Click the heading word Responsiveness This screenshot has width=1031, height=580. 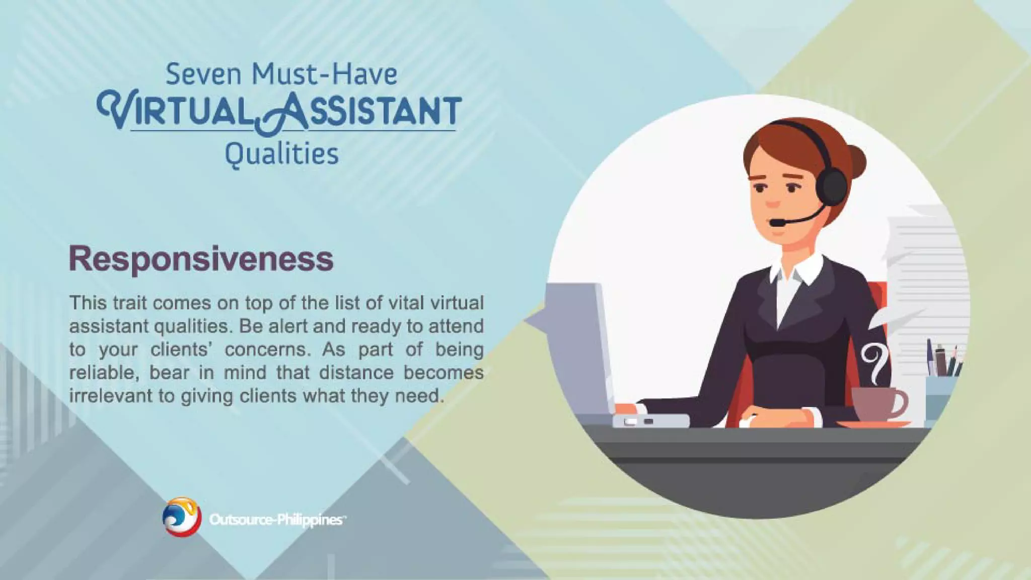point(201,259)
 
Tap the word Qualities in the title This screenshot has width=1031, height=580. point(281,154)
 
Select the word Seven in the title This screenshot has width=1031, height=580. point(203,74)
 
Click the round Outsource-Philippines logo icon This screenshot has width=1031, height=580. point(182,517)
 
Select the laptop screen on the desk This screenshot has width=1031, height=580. point(579,347)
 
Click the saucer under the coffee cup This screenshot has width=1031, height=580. point(873,424)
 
